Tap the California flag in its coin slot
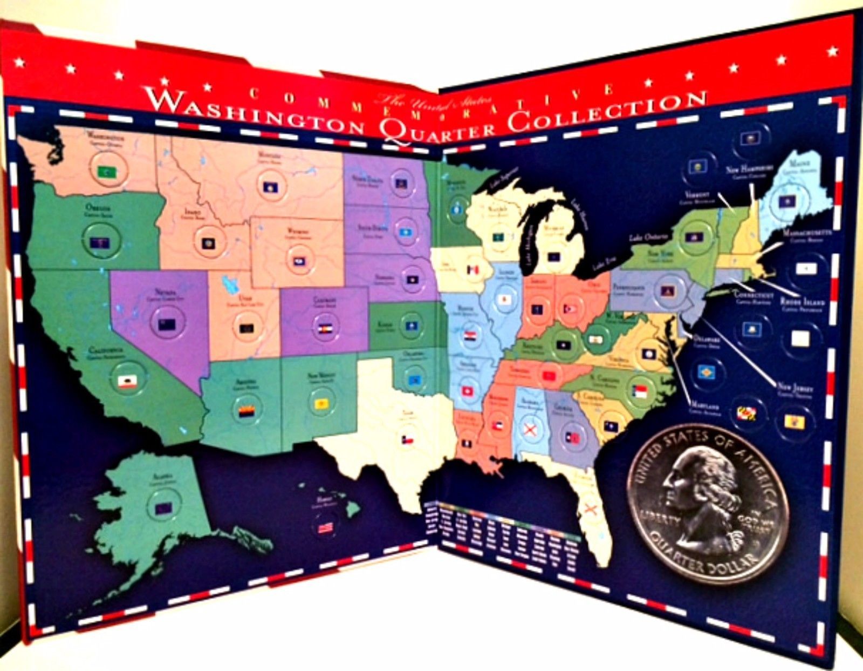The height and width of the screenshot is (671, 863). [128, 382]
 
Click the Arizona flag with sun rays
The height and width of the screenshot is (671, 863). [246, 405]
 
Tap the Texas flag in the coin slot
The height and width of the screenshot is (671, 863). [406, 439]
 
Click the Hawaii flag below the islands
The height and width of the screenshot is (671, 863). [325, 528]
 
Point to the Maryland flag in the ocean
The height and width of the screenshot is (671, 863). [747, 415]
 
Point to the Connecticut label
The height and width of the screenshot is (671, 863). [754, 296]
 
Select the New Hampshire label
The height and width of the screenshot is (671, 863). [750, 169]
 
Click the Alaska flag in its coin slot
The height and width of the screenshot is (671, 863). [162, 507]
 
